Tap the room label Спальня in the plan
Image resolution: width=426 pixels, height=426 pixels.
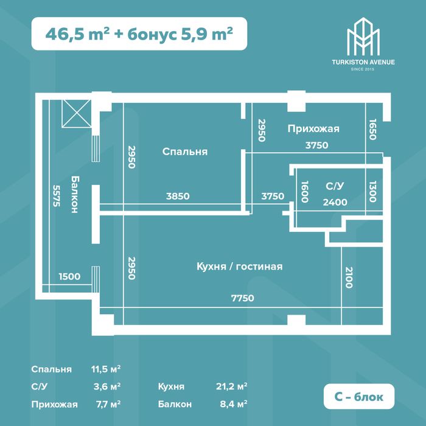pyautogui.click(x=185, y=152)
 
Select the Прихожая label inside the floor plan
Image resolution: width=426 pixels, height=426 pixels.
pyautogui.click(x=313, y=129)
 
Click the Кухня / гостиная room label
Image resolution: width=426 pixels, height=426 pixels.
pyautogui.click(x=239, y=267)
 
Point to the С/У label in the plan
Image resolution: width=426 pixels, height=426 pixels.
pyautogui.click(x=335, y=186)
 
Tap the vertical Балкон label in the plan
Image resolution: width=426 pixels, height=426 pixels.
pyautogui.click(x=74, y=194)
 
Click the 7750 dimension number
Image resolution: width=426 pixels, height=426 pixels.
pyautogui.click(x=243, y=298)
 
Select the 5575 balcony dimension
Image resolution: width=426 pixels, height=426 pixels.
pyautogui.click(x=56, y=196)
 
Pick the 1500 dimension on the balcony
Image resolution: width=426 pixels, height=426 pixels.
pyautogui.click(x=69, y=276)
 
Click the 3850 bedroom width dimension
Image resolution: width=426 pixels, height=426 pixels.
pyautogui.click(x=178, y=196)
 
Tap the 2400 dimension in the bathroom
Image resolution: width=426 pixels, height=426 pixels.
pyautogui.click(x=335, y=202)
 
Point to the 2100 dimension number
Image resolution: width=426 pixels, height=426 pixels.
pyautogui.click(x=349, y=278)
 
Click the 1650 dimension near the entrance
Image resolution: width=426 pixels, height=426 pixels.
pyautogui.click(x=372, y=129)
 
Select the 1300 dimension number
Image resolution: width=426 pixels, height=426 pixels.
pyautogui.click(x=372, y=192)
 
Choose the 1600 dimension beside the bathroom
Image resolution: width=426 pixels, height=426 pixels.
pyautogui.click(x=305, y=192)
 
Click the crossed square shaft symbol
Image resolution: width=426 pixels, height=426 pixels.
pyautogui.click(x=76, y=114)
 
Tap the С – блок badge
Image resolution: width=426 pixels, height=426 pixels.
pyautogui.click(x=359, y=396)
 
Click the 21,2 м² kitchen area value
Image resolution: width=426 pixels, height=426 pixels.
pyautogui.click(x=231, y=386)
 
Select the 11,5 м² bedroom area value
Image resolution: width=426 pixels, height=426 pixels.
pyautogui.click(x=106, y=369)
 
